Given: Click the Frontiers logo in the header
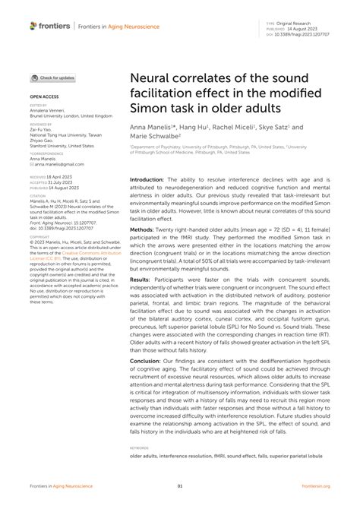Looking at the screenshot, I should pos(50,26).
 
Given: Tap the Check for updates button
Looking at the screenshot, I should pos(53,77).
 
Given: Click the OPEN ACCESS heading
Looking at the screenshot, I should pos(45,98).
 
